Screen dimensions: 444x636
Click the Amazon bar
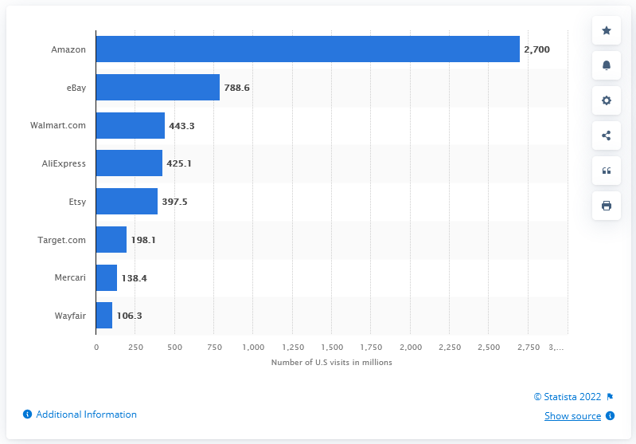[307, 49]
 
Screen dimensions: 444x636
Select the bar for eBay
[158, 88]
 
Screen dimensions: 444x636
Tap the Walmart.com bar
[131, 126]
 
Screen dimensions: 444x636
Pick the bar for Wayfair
[104, 316]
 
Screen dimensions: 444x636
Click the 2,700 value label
[537, 49]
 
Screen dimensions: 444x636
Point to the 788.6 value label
[237, 88]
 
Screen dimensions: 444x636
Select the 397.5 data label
[174, 202]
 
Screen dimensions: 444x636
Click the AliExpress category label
[64, 163]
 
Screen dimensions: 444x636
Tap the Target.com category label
[62, 240]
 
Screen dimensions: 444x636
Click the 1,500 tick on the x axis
[331, 348]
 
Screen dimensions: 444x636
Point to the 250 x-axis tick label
[135, 348]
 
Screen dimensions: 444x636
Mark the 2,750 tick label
[528, 348]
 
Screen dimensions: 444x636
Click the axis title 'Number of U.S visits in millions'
[332, 363]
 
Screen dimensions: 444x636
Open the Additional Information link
[86, 415]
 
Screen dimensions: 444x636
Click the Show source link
[572, 416]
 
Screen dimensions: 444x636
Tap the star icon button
[607, 30]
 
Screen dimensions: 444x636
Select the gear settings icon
[607, 100]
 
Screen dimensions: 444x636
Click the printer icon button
[607, 206]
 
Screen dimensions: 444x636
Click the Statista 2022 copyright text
[568, 396]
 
